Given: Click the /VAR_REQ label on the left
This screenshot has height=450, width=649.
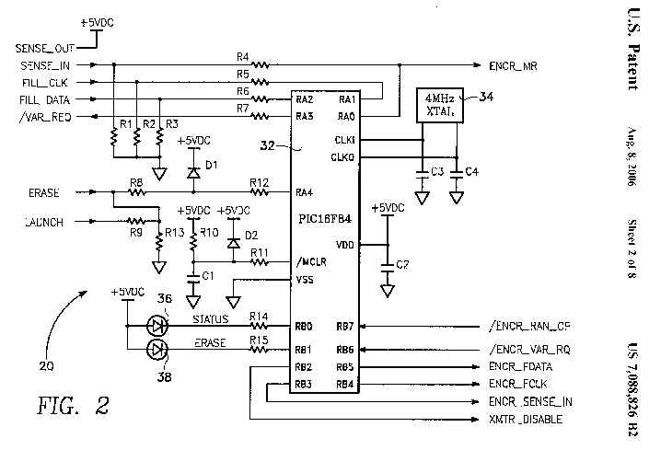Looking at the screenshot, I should coord(44,116).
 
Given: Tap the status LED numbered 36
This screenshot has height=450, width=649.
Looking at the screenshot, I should coord(157,325).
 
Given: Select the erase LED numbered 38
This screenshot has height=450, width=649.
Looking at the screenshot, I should coord(157,350).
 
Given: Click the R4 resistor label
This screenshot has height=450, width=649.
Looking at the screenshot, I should coord(242,55).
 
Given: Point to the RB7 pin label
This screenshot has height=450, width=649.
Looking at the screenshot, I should coord(344,326).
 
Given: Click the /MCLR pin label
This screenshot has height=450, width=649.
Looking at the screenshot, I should coord(309,261).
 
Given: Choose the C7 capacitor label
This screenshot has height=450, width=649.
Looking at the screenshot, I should coord(402,265).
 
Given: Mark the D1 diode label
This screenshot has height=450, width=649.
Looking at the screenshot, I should coord(212,166).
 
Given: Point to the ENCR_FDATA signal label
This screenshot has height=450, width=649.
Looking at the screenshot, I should coord(522,367).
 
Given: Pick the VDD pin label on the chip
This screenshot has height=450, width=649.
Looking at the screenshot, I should coord(346,244).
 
